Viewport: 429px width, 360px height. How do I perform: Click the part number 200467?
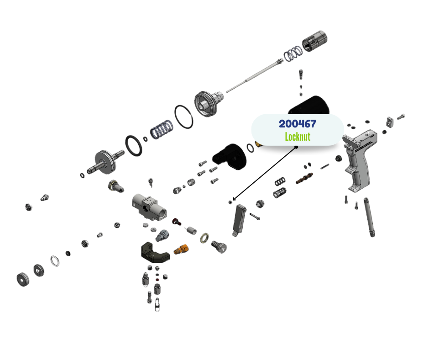point(297,124)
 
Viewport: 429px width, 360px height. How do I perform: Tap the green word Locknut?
point(297,137)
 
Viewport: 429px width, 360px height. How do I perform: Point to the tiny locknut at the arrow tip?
point(230,201)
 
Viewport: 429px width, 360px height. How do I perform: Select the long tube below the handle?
point(369,217)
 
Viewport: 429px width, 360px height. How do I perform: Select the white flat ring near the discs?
point(55,261)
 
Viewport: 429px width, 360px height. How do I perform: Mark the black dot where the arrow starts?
point(296,147)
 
